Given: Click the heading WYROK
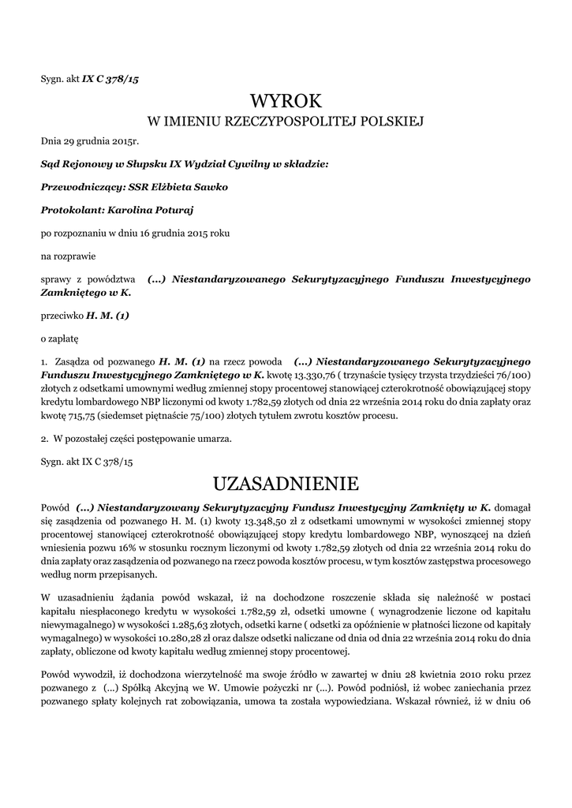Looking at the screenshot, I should (x=286, y=101).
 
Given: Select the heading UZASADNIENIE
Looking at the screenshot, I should (x=286, y=482).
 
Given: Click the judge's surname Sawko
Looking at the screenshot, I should (x=189, y=187).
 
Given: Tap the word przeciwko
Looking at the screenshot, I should (x=62, y=316).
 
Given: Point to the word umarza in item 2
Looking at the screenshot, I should (x=215, y=438).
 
